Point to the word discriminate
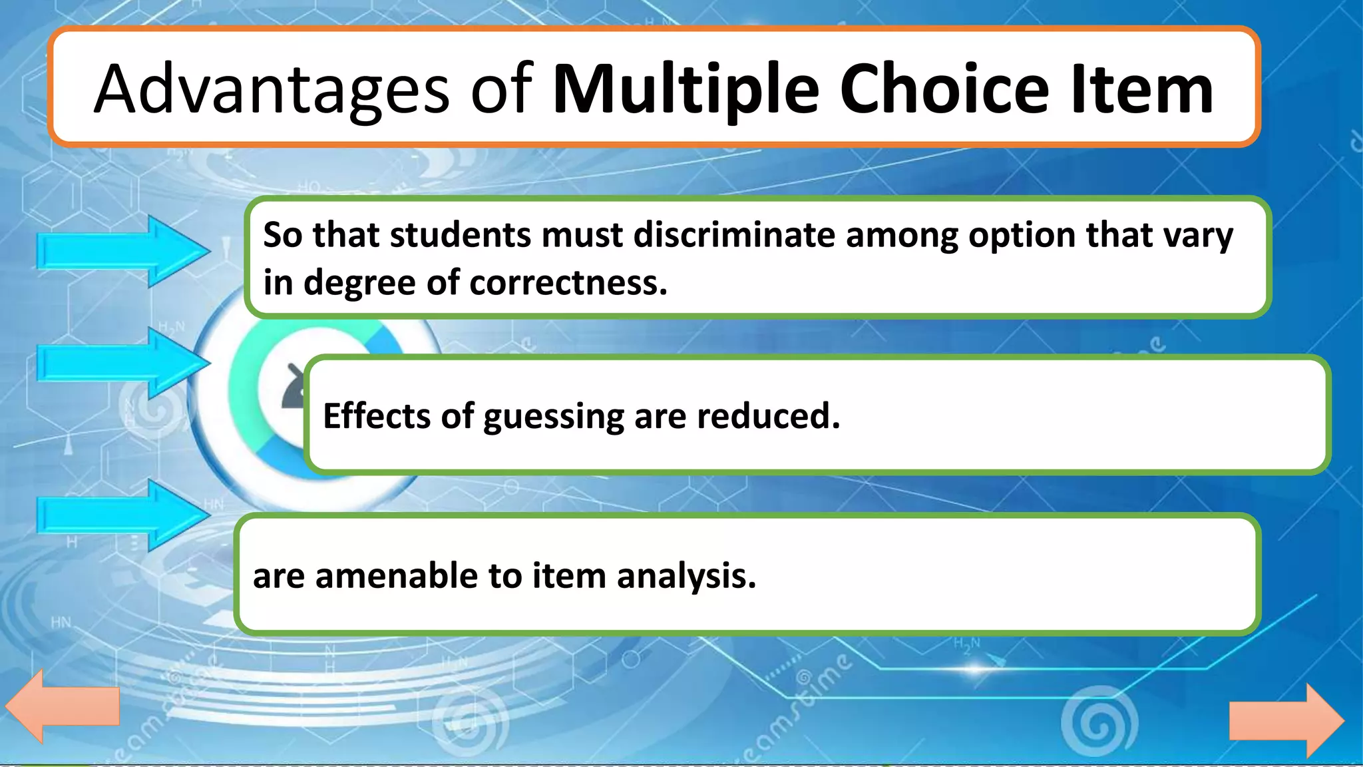tap(734, 235)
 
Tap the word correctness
tap(568, 283)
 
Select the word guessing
tap(553, 417)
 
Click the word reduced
tap(768, 416)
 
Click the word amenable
tap(396, 576)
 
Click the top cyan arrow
tap(123, 252)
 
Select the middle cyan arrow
tap(123, 364)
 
